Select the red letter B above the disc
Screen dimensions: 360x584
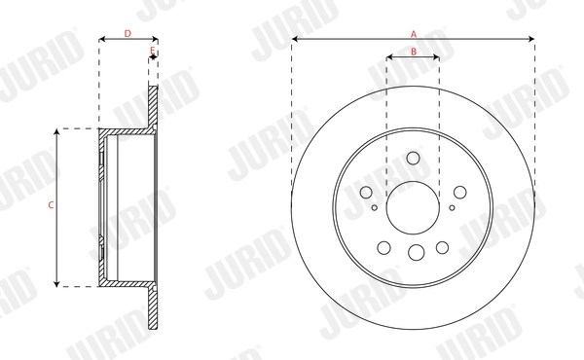413,52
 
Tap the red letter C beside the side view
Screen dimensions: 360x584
50,205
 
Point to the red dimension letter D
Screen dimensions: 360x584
128,33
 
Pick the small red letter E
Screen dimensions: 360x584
152,50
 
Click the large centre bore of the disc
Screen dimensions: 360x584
413,205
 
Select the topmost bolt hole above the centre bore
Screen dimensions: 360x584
413,159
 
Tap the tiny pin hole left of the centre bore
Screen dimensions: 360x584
375,206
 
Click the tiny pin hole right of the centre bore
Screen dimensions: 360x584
452,206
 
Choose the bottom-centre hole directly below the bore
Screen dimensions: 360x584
416,253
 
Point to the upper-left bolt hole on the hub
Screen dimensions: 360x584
367,193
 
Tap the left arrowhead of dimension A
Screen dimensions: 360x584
295,40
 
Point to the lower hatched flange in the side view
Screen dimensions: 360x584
153,306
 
